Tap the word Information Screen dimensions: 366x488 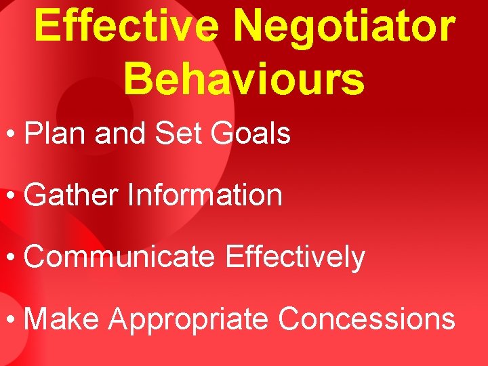[205, 195]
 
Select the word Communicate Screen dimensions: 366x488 [120, 257]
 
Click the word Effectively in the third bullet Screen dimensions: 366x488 [296, 258]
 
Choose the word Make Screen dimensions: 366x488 [61, 319]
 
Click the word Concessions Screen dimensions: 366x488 [367, 319]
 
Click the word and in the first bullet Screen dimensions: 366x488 [116, 134]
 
